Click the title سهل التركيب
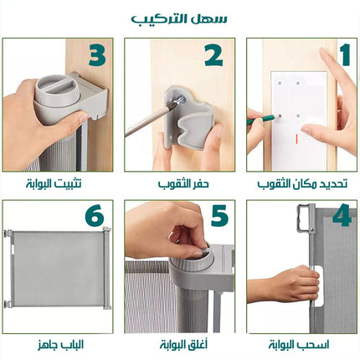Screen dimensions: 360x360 179,19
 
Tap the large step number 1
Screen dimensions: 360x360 345,55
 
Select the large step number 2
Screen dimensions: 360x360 213,55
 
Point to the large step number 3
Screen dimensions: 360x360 97,55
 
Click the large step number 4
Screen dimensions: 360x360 342,215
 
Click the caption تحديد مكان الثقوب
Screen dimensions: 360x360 302,184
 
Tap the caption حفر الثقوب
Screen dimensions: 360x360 183,184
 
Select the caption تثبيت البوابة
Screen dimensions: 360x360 54,184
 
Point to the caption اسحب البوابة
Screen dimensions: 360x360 299,345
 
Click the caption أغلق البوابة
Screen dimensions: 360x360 183,344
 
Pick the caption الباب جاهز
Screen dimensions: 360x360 60,345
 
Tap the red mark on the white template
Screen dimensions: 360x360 297,139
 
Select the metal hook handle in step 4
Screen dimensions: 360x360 305,219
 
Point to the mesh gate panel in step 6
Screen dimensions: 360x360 58,268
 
